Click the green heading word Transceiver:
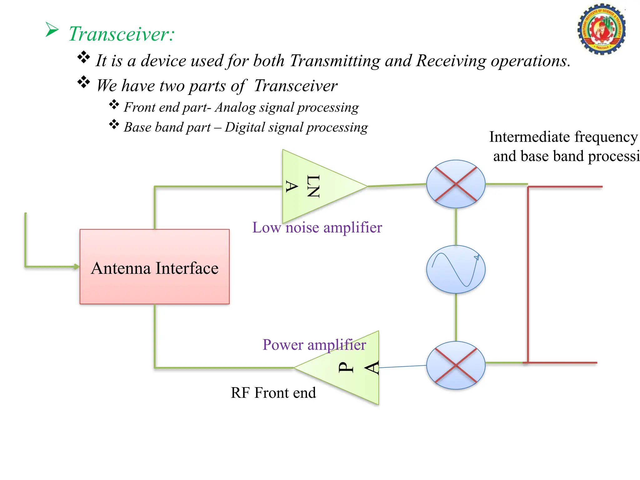click(x=121, y=34)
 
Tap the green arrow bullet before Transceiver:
click(x=52, y=30)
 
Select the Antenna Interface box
click(x=155, y=267)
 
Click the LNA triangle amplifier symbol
click(x=316, y=186)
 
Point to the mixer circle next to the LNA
click(x=456, y=184)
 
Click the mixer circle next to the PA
click(x=456, y=365)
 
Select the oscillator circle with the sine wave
click(x=456, y=269)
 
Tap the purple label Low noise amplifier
click(x=317, y=227)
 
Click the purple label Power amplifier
click(x=314, y=345)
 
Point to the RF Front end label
click(x=273, y=393)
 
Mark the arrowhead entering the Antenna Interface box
click(x=76, y=267)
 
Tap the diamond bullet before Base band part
click(x=114, y=124)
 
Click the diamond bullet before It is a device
click(x=84, y=57)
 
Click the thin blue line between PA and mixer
click(x=402, y=367)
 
